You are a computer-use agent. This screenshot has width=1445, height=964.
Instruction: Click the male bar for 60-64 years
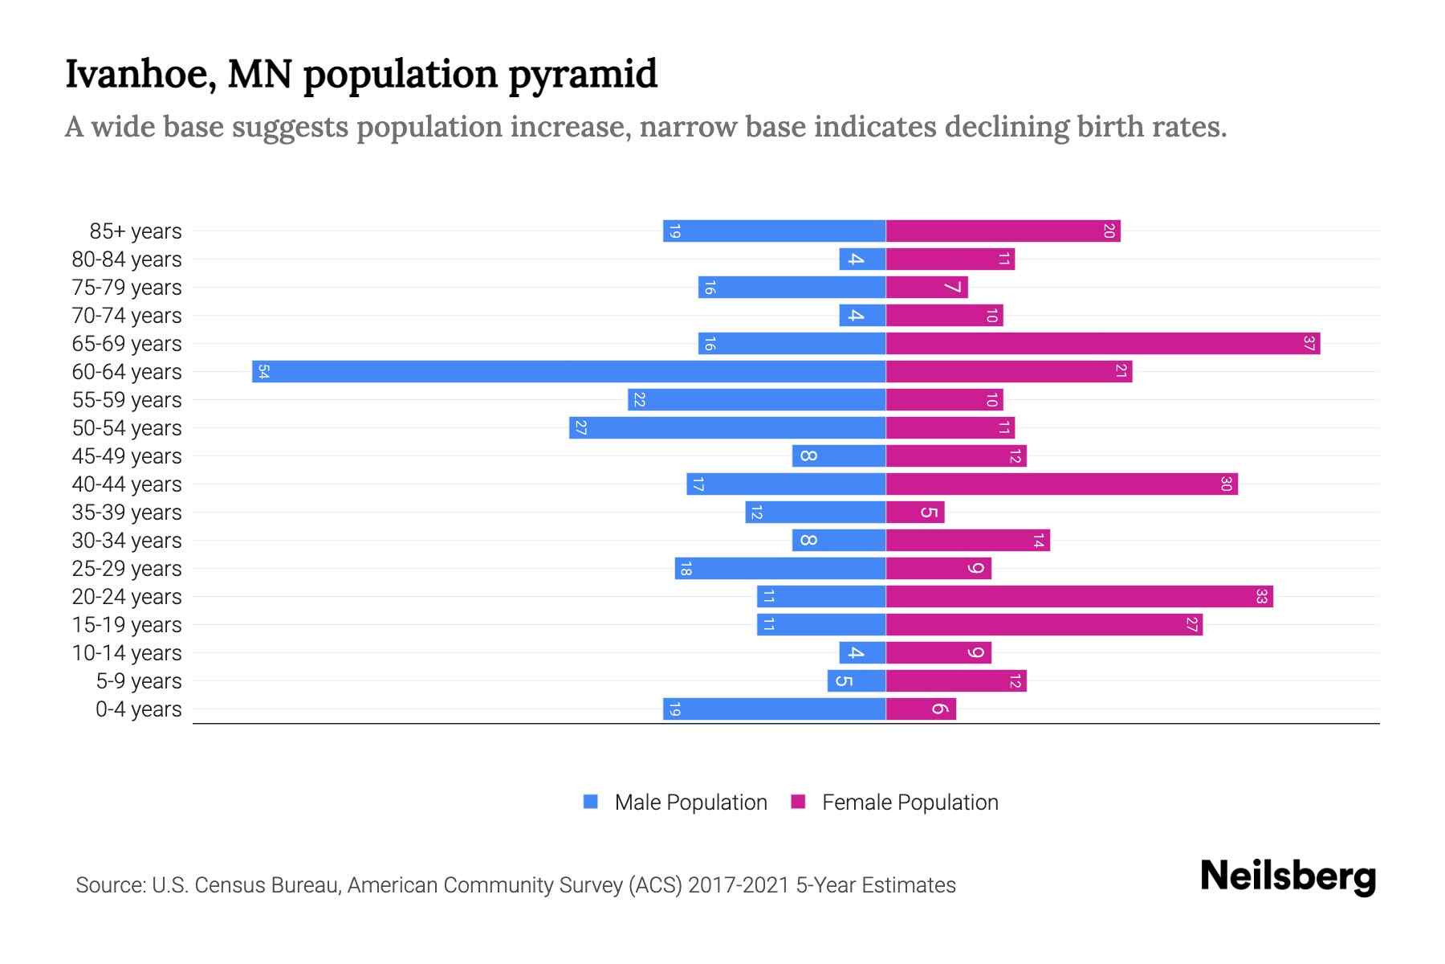[568, 372]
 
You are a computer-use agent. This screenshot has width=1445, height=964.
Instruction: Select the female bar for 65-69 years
[1103, 344]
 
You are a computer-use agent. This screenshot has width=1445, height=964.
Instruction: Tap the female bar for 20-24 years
[1079, 597]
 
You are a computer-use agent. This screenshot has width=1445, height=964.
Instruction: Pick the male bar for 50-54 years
[727, 428]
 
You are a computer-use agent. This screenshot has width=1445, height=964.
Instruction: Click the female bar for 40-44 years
[1061, 484]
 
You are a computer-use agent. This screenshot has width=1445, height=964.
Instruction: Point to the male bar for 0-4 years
[774, 709]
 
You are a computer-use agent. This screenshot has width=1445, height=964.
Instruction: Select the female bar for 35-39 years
[915, 513]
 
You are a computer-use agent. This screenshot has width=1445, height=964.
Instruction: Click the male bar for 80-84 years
[862, 259]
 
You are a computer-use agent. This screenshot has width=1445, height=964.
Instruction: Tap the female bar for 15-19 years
[1044, 625]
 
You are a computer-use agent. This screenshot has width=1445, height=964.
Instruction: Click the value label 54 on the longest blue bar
[263, 372]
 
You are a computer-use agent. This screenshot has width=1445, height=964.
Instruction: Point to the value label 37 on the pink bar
[1309, 344]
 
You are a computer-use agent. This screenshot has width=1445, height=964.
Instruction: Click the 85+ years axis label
[136, 231]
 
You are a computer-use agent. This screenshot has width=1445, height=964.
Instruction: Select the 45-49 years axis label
[127, 456]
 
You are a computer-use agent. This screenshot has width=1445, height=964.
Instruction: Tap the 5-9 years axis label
[139, 681]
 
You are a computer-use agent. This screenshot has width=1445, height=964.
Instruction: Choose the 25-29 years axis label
[127, 569]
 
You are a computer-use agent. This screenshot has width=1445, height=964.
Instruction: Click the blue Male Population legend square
[591, 802]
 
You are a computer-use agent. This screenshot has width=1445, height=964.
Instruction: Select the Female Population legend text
[910, 803]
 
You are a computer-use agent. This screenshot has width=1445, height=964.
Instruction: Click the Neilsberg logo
[1288, 876]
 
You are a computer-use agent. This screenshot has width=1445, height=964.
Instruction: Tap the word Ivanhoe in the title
[140, 74]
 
